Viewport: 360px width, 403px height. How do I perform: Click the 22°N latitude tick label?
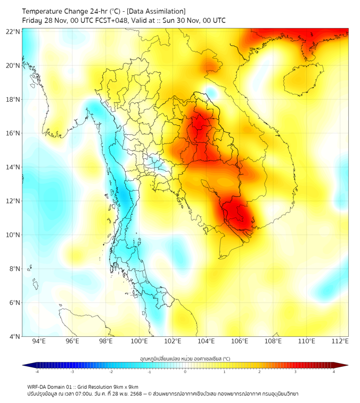(x=13, y=31)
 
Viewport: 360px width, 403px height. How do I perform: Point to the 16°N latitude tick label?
(x=13, y=133)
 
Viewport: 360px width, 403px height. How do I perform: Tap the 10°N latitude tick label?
(x=13, y=235)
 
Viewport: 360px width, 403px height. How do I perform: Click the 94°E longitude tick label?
(x=39, y=342)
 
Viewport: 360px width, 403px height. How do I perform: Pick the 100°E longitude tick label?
(x=139, y=342)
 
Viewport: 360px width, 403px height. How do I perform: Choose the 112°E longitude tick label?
(x=340, y=342)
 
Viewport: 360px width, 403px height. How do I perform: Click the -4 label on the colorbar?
(x=36, y=372)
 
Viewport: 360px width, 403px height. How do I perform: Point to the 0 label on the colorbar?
(x=185, y=372)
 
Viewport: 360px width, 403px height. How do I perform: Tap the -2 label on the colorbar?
(x=111, y=372)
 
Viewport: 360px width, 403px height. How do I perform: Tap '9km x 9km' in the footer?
(x=125, y=386)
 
